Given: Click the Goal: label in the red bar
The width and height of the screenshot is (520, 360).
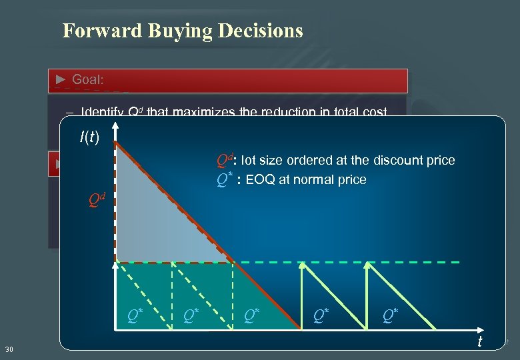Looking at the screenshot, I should pos(88,80).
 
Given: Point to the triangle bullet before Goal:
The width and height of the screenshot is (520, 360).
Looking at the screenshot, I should pos(61,80).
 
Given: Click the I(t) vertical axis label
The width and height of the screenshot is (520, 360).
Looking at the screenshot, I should pos(89,138).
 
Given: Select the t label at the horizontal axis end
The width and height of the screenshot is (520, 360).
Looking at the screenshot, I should pos(479,341).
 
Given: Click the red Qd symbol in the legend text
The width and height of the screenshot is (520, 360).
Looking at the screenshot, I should pos(225,161).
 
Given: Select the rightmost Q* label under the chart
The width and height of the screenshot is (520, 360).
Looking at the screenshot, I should pos(391,314).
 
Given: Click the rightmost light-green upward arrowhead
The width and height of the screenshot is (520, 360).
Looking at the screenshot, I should pos(368,266).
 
